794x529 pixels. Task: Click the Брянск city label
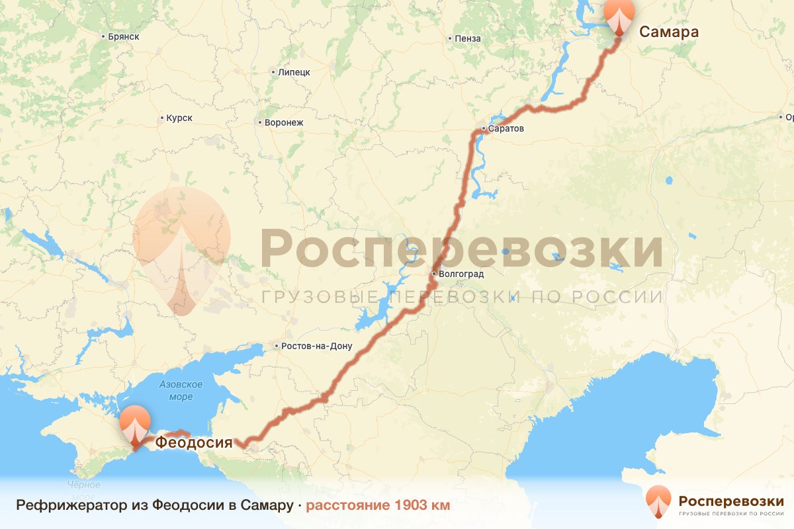(124, 36)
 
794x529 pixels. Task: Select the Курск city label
(179, 118)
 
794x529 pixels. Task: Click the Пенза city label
(468, 38)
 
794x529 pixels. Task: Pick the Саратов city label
(507, 128)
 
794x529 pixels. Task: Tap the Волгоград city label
(462, 274)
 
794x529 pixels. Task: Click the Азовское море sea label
(181, 390)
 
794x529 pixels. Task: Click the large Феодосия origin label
(194, 442)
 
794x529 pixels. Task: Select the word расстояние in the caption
(349, 506)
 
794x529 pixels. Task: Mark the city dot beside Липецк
(273, 72)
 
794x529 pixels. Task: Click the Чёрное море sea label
(84, 490)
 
